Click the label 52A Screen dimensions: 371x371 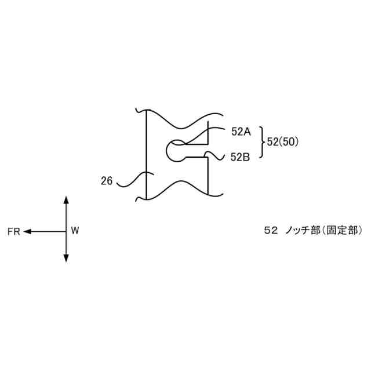tap(241, 132)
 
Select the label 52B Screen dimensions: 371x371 tap(241, 156)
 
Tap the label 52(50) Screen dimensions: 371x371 tap(283, 142)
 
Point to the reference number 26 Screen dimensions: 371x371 tap(107, 181)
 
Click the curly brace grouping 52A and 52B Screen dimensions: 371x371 tap(261, 143)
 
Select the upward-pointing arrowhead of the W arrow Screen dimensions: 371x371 tap(66, 200)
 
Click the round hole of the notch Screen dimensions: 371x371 tap(174, 150)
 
